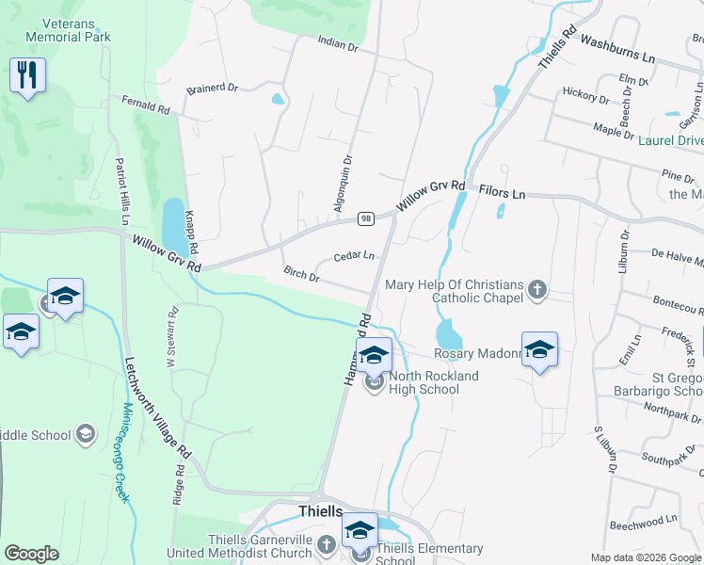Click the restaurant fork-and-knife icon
[27, 74]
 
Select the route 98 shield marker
[367, 218]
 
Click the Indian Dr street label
[339, 44]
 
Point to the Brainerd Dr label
[212, 88]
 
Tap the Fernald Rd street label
[145, 104]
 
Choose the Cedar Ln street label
[354, 256]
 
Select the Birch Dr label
[302, 275]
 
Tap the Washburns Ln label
[617, 49]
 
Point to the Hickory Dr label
[585, 94]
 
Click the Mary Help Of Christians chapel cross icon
[537, 288]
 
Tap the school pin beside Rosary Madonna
[539, 349]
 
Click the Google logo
[31, 554]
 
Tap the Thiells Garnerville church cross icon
[326, 545]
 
